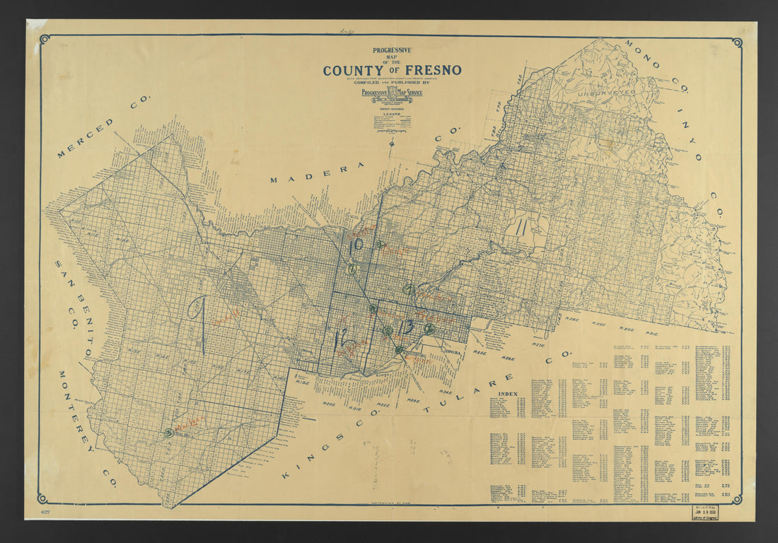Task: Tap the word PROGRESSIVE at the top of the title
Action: pos(392,50)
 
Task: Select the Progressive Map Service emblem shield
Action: pos(392,93)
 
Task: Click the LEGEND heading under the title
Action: pos(392,113)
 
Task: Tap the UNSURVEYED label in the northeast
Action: pos(606,92)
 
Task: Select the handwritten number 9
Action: pos(199,324)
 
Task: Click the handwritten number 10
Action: pos(356,245)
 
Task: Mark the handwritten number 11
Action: pos(521,228)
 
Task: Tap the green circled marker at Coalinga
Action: pos(168,433)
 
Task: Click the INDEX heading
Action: pos(508,393)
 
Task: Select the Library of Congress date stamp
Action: pos(712,513)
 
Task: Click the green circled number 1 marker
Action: pos(352,269)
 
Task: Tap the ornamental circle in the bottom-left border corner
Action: pos(43,498)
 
